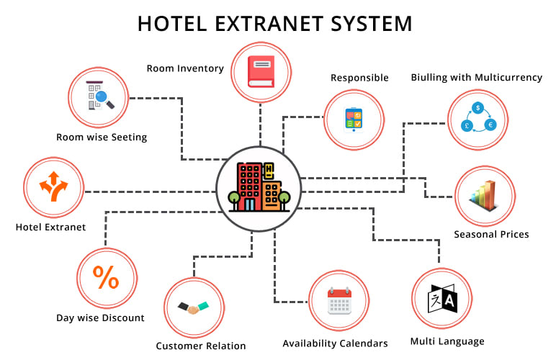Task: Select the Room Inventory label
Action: [x=184, y=68]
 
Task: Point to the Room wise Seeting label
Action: [x=102, y=137]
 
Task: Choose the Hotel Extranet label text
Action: [x=50, y=228]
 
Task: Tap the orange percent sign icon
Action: [x=106, y=278]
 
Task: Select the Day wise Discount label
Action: [x=101, y=318]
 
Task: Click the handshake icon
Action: [x=193, y=307]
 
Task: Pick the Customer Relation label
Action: [x=201, y=346]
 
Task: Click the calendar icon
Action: [x=338, y=301]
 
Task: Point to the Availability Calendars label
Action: [x=335, y=343]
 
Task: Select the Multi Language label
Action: [x=447, y=341]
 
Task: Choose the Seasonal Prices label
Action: [x=491, y=234]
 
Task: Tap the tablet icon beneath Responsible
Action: [x=354, y=118]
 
